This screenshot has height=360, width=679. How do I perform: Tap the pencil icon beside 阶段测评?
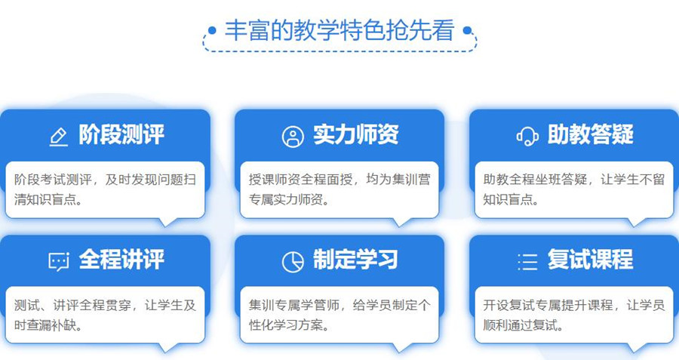[58, 137]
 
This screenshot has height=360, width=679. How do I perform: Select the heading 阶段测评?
[121, 135]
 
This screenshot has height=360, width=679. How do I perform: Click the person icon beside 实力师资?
[293, 137]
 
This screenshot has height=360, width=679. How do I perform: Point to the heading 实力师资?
[356, 135]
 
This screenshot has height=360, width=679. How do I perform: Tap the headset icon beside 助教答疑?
[527, 137]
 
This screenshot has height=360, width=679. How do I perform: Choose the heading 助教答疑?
[591, 135]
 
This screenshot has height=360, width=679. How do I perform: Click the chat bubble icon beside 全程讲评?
[58, 261]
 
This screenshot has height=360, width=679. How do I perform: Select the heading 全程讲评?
[121, 260]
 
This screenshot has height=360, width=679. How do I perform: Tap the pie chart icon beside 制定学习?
[293, 261]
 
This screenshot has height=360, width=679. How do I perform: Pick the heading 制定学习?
[356, 260]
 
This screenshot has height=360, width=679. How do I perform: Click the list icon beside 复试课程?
[527, 261]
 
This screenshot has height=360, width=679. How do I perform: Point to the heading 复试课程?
[591, 260]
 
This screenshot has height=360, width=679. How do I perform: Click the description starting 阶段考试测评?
[105, 190]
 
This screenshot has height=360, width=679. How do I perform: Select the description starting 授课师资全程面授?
[339, 190]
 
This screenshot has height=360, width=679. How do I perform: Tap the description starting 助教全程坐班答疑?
[574, 190]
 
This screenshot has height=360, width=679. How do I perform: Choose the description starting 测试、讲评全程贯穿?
[105, 315]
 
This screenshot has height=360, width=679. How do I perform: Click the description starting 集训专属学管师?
[339, 315]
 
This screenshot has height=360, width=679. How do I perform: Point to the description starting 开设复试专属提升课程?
[574, 315]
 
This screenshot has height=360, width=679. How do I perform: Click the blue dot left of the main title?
[212, 31]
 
